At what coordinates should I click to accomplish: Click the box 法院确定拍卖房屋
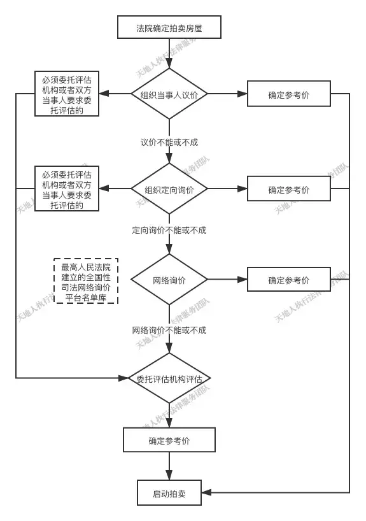(x=169, y=27)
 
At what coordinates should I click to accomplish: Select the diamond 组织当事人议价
(x=169, y=94)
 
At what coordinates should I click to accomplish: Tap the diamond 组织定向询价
(x=169, y=189)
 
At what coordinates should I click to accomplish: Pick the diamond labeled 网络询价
(x=169, y=280)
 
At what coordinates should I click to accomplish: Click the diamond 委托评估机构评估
(x=169, y=378)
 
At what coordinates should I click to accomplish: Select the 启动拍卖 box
(x=169, y=493)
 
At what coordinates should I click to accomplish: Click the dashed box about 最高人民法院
(x=86, y=281)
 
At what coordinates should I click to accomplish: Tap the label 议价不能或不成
(x=169, y=143)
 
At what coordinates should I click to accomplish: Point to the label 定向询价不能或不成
(x=169, y=231)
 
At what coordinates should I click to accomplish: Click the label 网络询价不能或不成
(x=169, y=331)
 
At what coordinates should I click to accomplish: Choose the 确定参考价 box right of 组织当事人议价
(x=289, y=94)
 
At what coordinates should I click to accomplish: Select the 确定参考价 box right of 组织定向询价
(x=289, y=189)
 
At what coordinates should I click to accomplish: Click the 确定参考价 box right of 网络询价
(x=289, y=280)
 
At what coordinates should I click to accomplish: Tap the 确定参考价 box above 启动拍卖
(x=169, y=439)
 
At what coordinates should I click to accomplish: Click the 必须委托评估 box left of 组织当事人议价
(x=67, y=94)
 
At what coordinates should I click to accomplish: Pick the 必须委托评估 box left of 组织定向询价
(x=67, y=189)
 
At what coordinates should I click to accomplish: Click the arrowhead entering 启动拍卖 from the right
(x=206, y=492)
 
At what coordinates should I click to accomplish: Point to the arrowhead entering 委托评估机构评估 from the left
(x=123, y=378)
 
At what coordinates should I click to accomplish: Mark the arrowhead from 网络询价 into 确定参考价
(x=243, y=280)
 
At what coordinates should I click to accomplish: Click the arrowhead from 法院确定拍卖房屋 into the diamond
(x=169, y=64)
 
